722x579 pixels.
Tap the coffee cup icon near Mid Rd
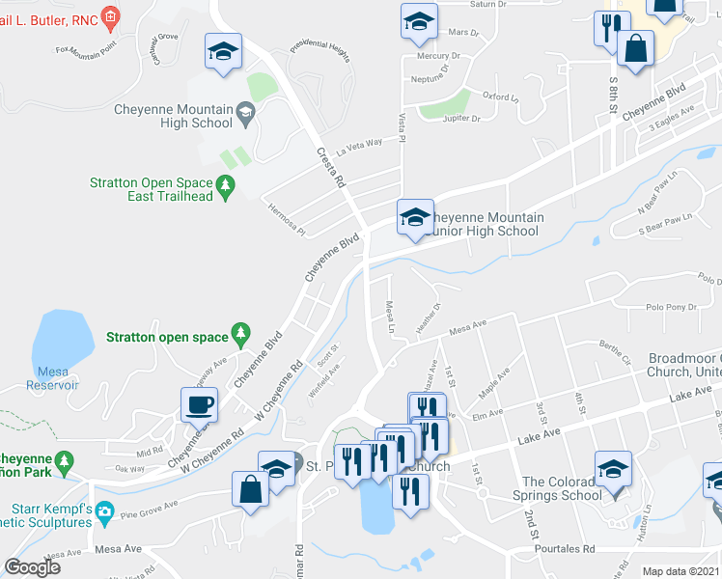200,404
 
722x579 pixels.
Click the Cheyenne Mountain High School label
174,116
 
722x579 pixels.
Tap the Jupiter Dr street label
460,119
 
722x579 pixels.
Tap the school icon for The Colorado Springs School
613,470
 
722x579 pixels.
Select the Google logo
32,566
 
